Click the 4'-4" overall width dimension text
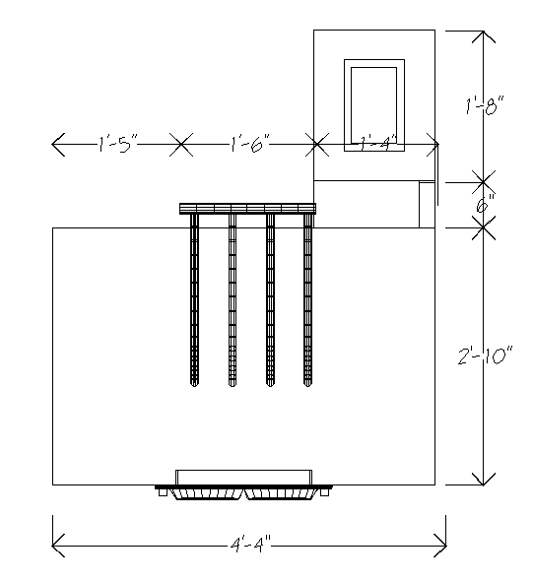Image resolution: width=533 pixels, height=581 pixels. [x=250, y=546]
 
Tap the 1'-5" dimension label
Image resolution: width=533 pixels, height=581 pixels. [x=117, y=144]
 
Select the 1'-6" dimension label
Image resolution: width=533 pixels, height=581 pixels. [x=249, y=144]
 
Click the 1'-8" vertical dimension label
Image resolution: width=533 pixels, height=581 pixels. [x=485, y=105]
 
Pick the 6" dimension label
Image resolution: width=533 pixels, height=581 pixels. [x=485, y=204]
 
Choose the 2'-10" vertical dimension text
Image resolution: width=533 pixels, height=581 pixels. [x=485, y=355]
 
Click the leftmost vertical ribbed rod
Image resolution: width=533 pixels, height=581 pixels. [x=194, y=300]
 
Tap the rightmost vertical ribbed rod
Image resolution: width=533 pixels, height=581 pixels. [x=307, y=300]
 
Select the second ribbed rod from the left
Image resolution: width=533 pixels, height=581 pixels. [x=233, y=300]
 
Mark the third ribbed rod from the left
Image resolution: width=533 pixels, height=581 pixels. [x=270, y=300]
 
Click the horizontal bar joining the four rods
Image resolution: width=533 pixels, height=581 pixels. [x=247, y=209]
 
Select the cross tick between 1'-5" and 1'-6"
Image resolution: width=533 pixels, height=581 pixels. [x=181, y=144]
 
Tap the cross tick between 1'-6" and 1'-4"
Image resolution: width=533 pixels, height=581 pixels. [x=317, y=144]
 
